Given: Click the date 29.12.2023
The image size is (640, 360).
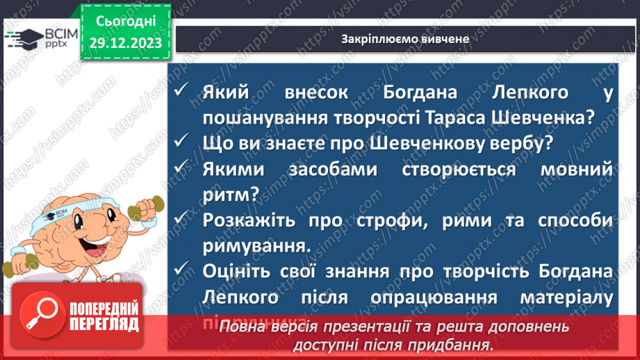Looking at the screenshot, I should [126, 42].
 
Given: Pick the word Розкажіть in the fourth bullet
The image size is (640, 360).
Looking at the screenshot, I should [243, 219].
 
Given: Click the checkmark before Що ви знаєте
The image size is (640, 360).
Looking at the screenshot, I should [182, 142].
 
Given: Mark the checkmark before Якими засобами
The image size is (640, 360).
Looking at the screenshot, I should [182, 167].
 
